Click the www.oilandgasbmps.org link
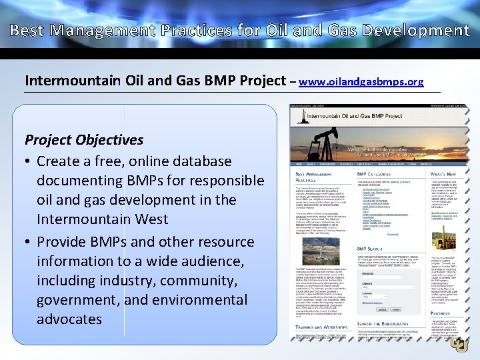coord(361,82)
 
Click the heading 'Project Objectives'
coord(83,140)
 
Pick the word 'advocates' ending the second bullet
coord(69,319)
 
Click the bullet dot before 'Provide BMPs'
coord(29,242)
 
